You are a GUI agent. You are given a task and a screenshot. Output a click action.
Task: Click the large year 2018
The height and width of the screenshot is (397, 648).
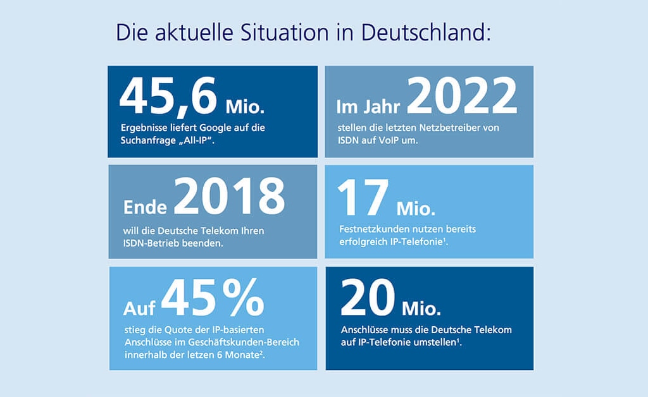(229, 197)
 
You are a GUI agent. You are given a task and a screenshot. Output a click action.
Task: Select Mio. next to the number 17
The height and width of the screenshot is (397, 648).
(416, 208)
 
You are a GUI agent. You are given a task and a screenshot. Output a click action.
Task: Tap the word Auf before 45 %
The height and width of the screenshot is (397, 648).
(140, 308)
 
